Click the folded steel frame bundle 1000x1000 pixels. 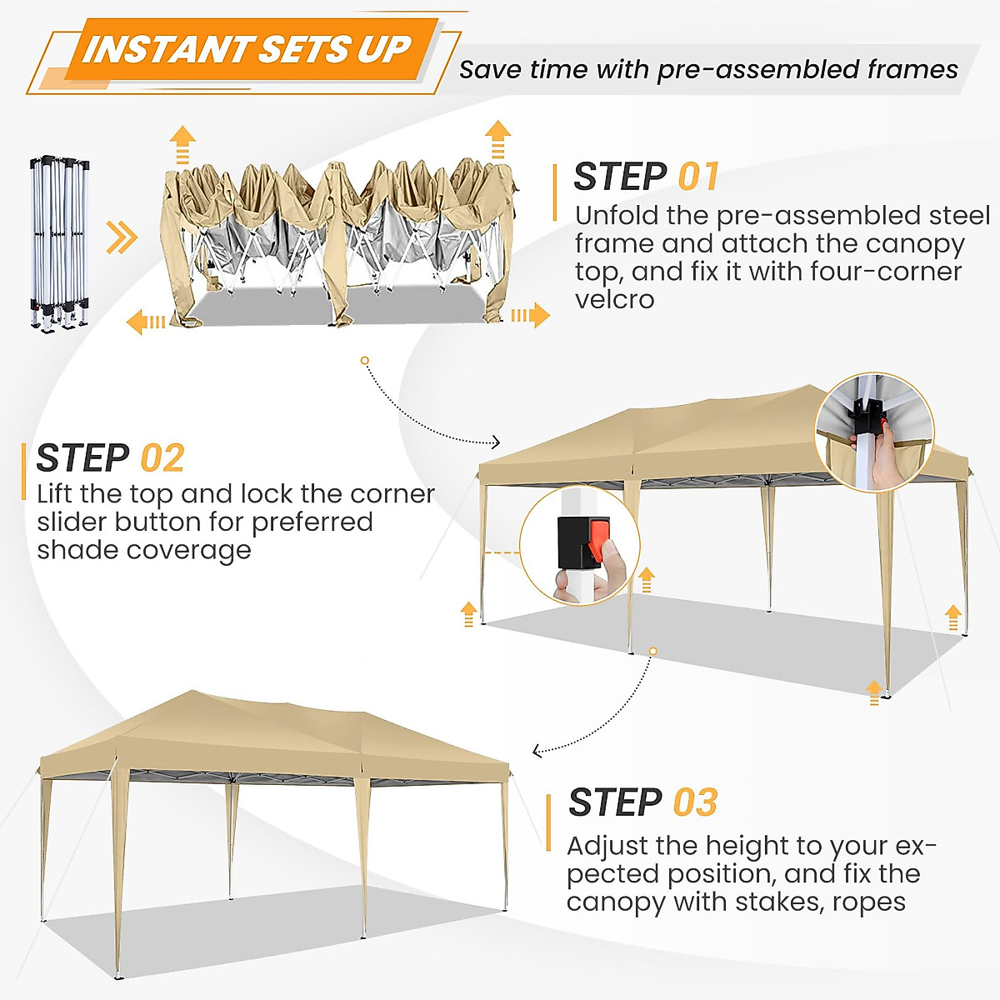(60, 242)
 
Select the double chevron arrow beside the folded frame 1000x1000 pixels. (122, 238)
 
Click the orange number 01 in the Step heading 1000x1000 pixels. (697, 177)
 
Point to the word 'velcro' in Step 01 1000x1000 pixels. (614, 299)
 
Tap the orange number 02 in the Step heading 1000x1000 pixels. (162, 459)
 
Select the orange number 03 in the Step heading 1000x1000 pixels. (694, 803)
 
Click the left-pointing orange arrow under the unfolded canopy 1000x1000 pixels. (146, 321)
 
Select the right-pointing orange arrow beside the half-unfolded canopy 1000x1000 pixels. (532, 316)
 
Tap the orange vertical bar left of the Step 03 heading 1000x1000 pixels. (548, 822)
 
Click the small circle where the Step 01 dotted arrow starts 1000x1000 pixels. (364, 361)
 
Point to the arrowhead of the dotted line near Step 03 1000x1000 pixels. (537, 752)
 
